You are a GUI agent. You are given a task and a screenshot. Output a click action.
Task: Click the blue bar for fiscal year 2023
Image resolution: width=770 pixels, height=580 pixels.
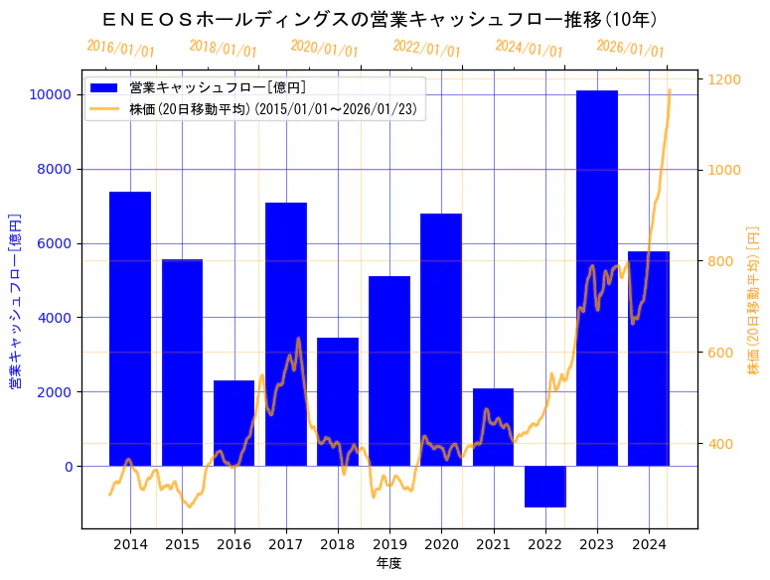(597, 278)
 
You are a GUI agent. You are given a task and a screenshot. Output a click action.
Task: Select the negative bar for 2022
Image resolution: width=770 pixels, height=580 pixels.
(544, 487)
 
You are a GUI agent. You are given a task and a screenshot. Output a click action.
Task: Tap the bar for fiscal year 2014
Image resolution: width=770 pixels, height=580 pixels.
(130, 329)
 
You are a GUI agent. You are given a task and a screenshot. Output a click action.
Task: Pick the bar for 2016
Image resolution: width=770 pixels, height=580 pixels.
(233, 423)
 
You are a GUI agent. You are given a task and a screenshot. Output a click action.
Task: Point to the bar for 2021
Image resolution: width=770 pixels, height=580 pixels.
(493, 427)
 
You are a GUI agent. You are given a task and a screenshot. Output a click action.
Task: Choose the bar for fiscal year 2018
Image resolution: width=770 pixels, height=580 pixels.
(338, 401)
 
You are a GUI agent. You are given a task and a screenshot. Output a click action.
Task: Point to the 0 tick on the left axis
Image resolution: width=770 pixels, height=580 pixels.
(66, 467)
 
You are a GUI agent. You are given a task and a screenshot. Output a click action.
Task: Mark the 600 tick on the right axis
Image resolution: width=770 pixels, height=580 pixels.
(718, 353)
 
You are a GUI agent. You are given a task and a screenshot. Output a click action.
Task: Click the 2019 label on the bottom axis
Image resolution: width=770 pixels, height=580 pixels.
(389, 544)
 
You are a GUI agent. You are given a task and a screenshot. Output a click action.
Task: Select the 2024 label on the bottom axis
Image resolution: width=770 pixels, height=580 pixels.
(649, 544)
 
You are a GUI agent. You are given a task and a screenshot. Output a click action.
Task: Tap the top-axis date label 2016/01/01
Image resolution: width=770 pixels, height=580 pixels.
(120, 48)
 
